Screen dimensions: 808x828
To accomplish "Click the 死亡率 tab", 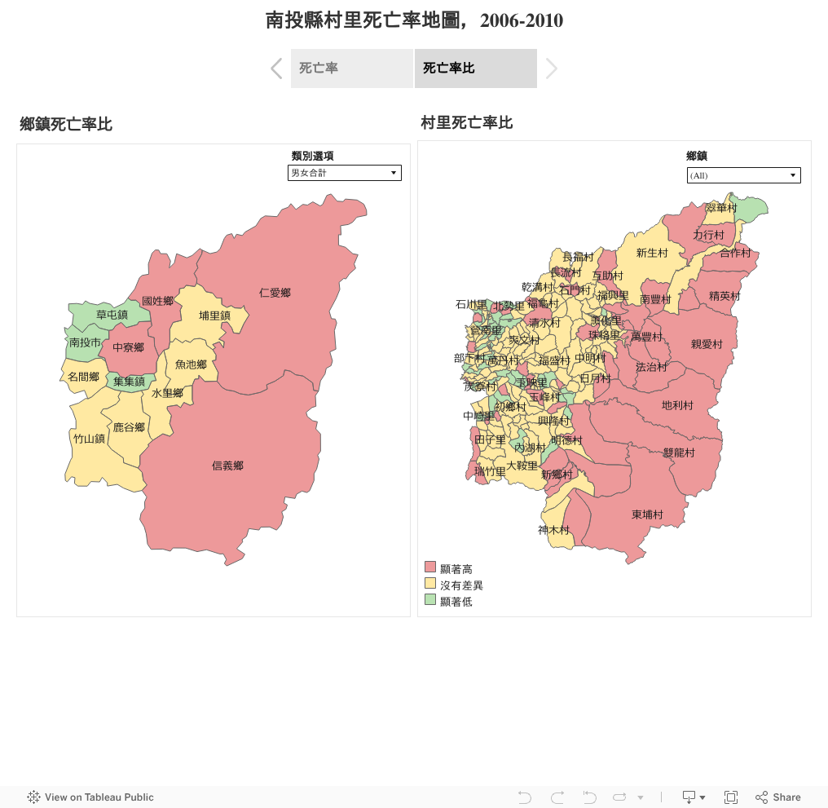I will click(x=351, y=68).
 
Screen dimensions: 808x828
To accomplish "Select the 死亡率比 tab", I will click(x=475, y=68).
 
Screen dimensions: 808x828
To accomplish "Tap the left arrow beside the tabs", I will click(x=276, y=68).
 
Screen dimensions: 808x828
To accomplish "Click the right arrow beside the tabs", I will click(x=552, y=68).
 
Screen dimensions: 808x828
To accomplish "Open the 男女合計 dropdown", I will click(x=345, y=173).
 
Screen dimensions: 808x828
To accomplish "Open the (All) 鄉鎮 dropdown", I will click(x=743, y=175).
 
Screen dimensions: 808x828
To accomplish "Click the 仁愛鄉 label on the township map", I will click(x=275, y=293).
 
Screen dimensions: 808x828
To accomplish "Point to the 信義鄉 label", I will click(x=227, y=466).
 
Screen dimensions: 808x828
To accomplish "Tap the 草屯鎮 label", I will click(x=112, y=315).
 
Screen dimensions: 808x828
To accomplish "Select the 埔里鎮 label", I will click(x=214, y=316).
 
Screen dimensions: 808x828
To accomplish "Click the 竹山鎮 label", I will click(x=89, y=439).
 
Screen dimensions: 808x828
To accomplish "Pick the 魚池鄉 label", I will click(x=191, y=364).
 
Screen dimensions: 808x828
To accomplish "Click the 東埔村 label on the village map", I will click(x=647, y=514).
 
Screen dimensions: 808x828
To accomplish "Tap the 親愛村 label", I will click(x=707, y=344).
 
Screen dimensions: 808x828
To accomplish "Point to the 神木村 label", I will click(x=553, y=530).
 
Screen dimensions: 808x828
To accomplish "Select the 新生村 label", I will click(x=652, y=253).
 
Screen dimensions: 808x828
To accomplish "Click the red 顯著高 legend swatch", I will click(x=430, y=567).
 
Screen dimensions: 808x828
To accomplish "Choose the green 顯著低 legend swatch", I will click(x=430, y=601).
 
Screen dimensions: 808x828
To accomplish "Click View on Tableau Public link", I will click(x=90, y=797).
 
